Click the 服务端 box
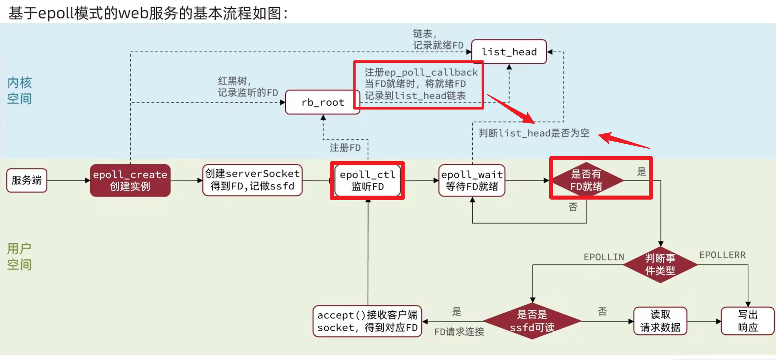pyautogui.click(x=27, y=180)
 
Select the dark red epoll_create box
pyautogui.click(x=130, y=180)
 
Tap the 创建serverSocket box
pyautogui.click(x=252, y=180)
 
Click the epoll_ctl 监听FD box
pyautogui.click(x=367, y=180)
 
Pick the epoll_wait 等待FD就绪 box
pyautogui.click(x=472, y=180)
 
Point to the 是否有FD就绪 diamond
pyautogui.click(x=586, y=180)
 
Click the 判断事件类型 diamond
pyautogui.click(x=660, y=265)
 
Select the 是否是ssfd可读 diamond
pyautogui.click(x=532, y=321)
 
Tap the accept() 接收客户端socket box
pyautogui.click(x=367, y=321)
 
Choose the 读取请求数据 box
pyautogui.click(x=660, y=321)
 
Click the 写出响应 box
pyautogui.click(x=748, y=321)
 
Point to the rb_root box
pyautogui.click(x=323, y=102)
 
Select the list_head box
pyautogui.click(x=509, y=52)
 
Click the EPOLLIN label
pyautogui.click(x=604, y=257)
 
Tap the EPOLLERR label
pyautogui.click(x=722, y=255)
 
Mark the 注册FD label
pyautogui.click(x=345, y=148)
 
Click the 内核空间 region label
pyautogui.click(x=20, y=90)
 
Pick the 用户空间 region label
pyautogui.click(x=19, y=256)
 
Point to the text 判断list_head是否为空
pyautogui.click(x=534, y=133)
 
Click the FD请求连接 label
pyautogui.click(x=459, y=332)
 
